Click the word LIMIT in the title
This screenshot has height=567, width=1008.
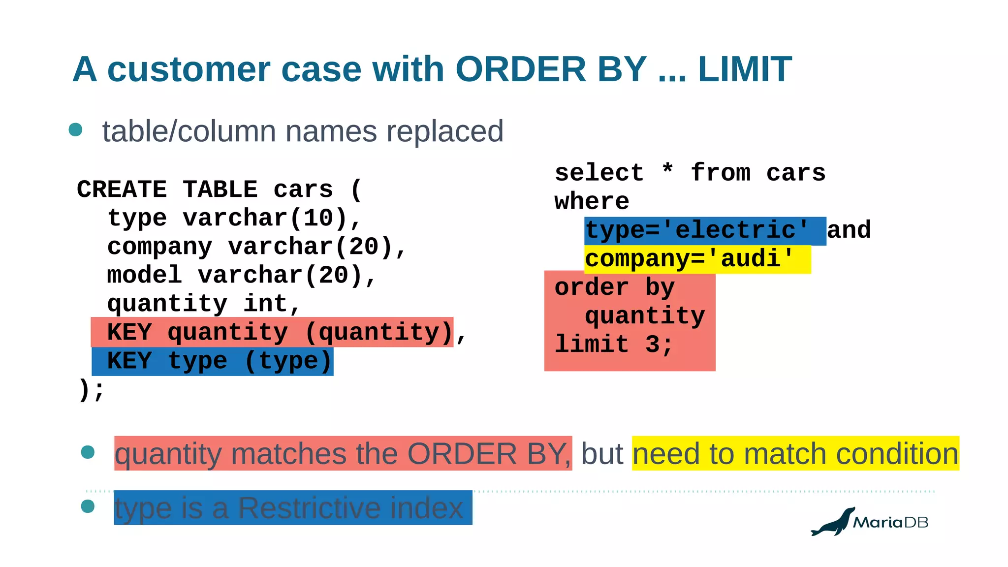click(x=744, y=69)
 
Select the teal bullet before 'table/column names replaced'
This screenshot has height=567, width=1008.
click(x=75, y=129)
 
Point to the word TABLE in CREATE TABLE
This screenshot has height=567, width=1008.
click(x=220, y=189)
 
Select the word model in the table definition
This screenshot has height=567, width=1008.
click(x=145, y=275)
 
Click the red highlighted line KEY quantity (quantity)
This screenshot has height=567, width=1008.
click(x=272, y=332)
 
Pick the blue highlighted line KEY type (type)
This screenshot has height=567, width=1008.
click(x=213, y=361)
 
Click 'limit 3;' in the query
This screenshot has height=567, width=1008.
click(x=614, y=345)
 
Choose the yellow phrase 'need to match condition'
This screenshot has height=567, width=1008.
click(x=795, y=453)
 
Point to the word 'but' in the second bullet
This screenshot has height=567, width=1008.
click(x=602, y=453)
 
